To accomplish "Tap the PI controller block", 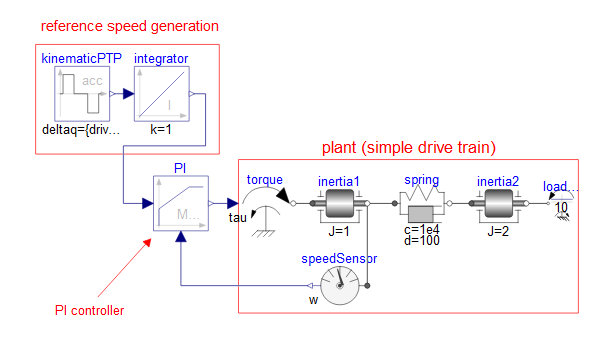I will (179, 203).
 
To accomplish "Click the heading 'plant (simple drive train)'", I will (408, 148).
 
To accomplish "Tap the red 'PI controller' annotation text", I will (89, 311).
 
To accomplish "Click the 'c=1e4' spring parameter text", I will (421, 233).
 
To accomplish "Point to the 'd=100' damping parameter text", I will (421, 244).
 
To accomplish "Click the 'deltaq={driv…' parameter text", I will (80, 131).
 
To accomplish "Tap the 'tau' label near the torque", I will (237, 217).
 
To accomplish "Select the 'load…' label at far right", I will (560, 186).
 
